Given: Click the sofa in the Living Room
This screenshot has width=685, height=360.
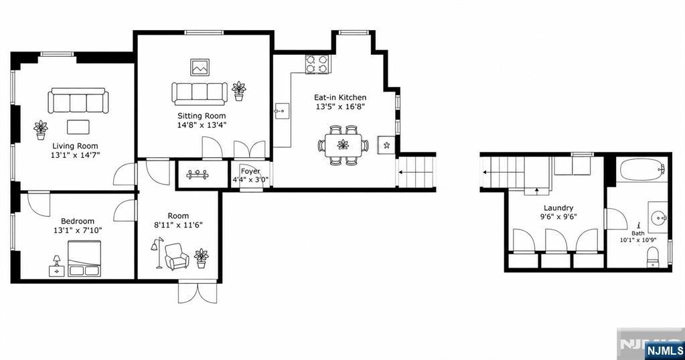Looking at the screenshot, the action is tap(78, 100).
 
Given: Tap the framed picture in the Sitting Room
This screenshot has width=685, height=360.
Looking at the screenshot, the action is tap(200, 67).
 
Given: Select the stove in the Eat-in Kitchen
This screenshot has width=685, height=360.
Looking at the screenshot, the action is tap(317, 64).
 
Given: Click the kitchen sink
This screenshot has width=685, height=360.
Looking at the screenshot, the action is tap(282, 111).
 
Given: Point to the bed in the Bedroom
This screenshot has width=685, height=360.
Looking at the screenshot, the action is tap(84, 258).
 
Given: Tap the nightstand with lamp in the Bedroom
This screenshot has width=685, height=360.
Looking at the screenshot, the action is tap(56, 266).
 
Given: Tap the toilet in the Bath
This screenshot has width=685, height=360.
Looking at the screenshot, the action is tap(652, 257).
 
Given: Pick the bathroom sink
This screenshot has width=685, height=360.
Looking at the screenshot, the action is tap(658, 217).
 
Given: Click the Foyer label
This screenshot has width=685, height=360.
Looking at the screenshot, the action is tap(250, 171).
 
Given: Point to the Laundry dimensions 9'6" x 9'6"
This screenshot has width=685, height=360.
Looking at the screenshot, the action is tap(558, 216).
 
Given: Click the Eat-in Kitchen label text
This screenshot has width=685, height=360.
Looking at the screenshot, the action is tap(340, 97).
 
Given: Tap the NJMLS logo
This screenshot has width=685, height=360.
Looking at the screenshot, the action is tap(664, 350).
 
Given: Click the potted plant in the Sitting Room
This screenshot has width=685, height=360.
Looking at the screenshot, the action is tap(238, 91).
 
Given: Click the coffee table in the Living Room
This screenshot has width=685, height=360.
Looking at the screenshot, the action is tap(78, 127).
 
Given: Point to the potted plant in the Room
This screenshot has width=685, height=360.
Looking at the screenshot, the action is tap(202, 258).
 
